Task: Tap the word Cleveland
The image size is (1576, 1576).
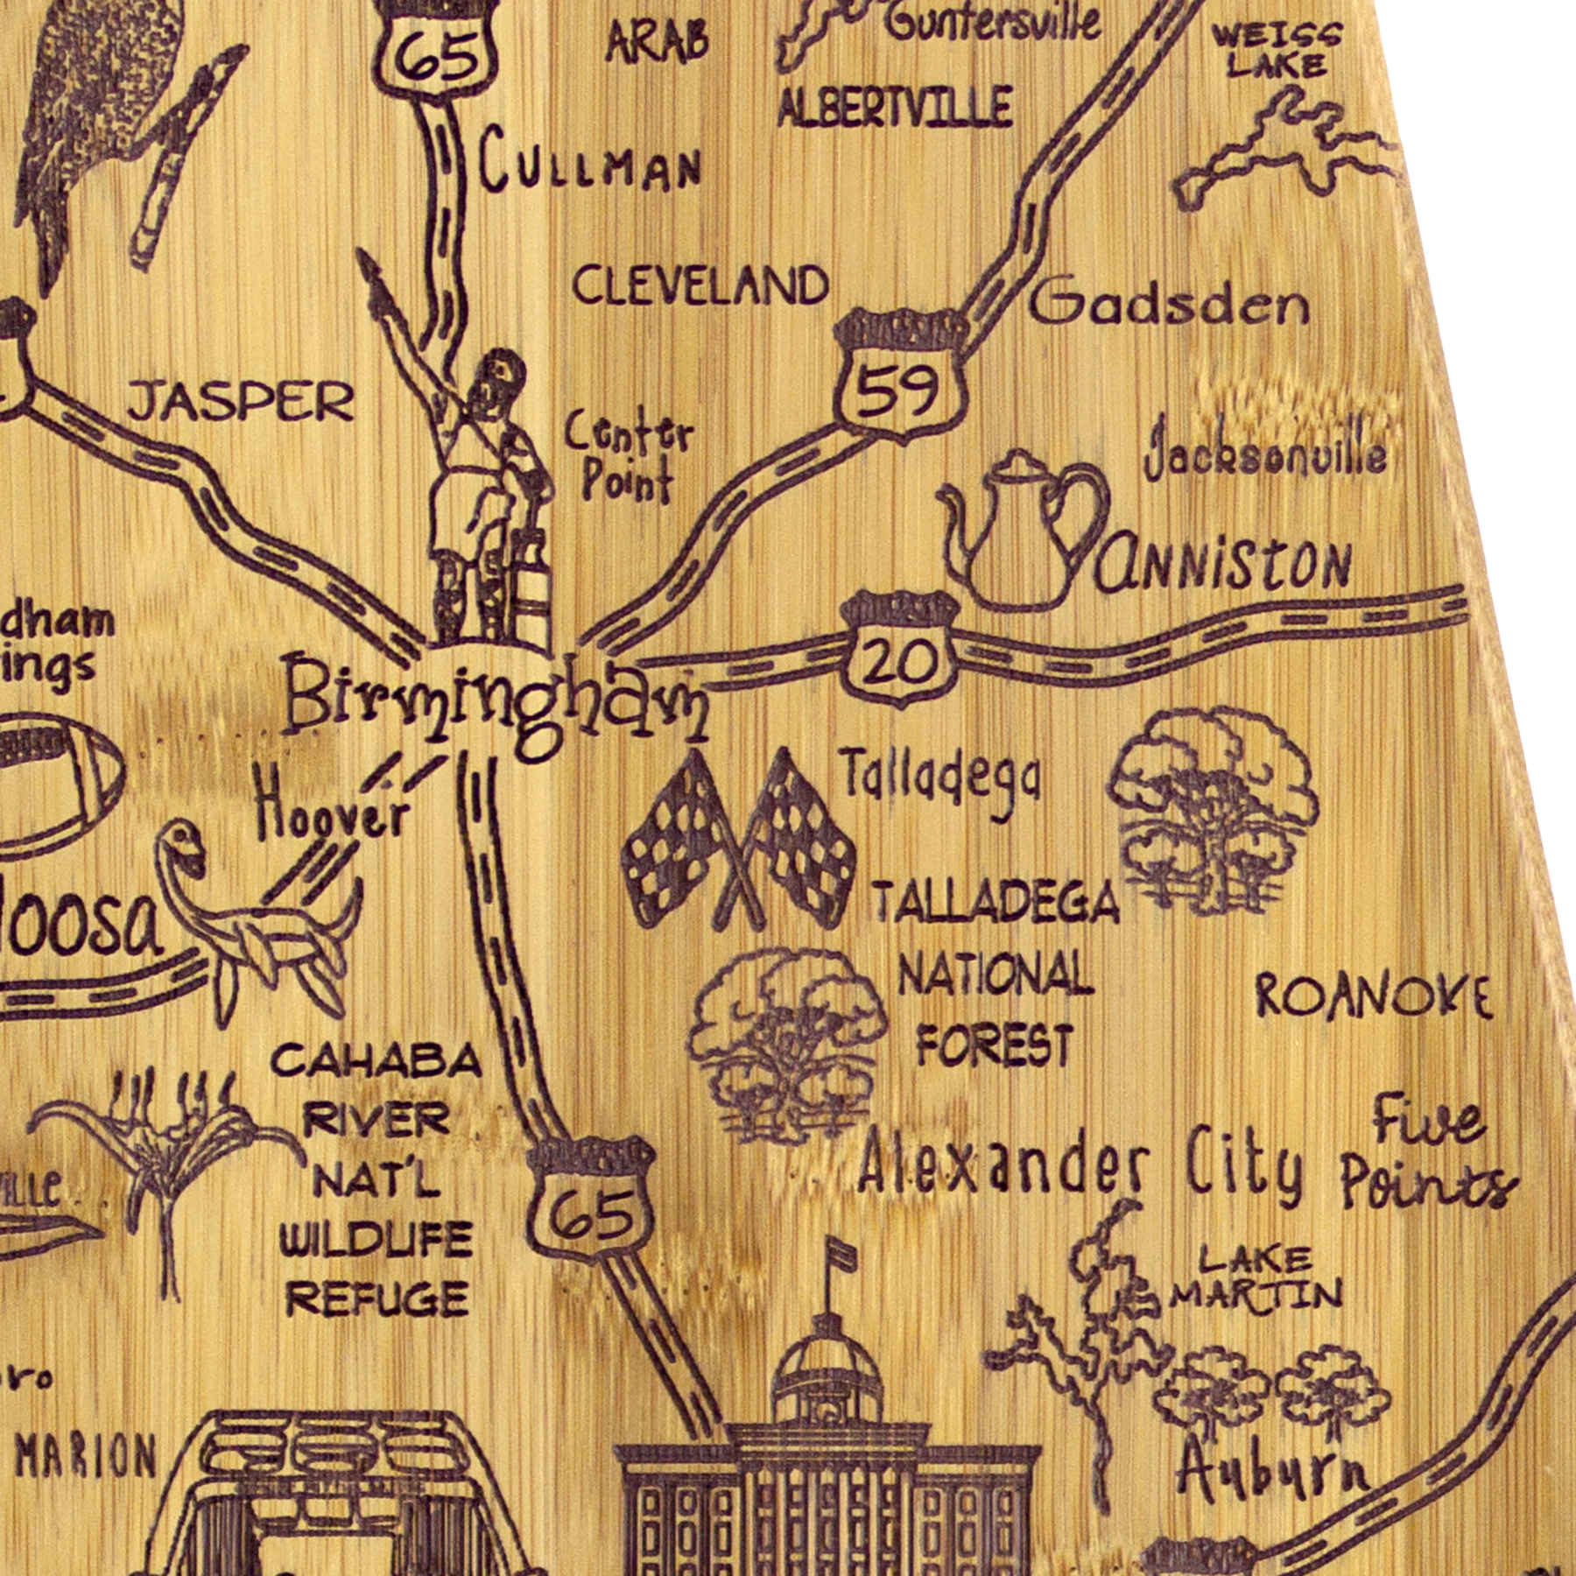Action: tap(700, 285)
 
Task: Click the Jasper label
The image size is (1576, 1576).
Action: tap(241, 402)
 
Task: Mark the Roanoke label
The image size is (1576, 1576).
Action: tap(1373, 996)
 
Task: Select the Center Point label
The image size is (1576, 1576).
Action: tap(628, 457)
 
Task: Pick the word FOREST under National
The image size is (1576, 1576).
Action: tap(996, 1044)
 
